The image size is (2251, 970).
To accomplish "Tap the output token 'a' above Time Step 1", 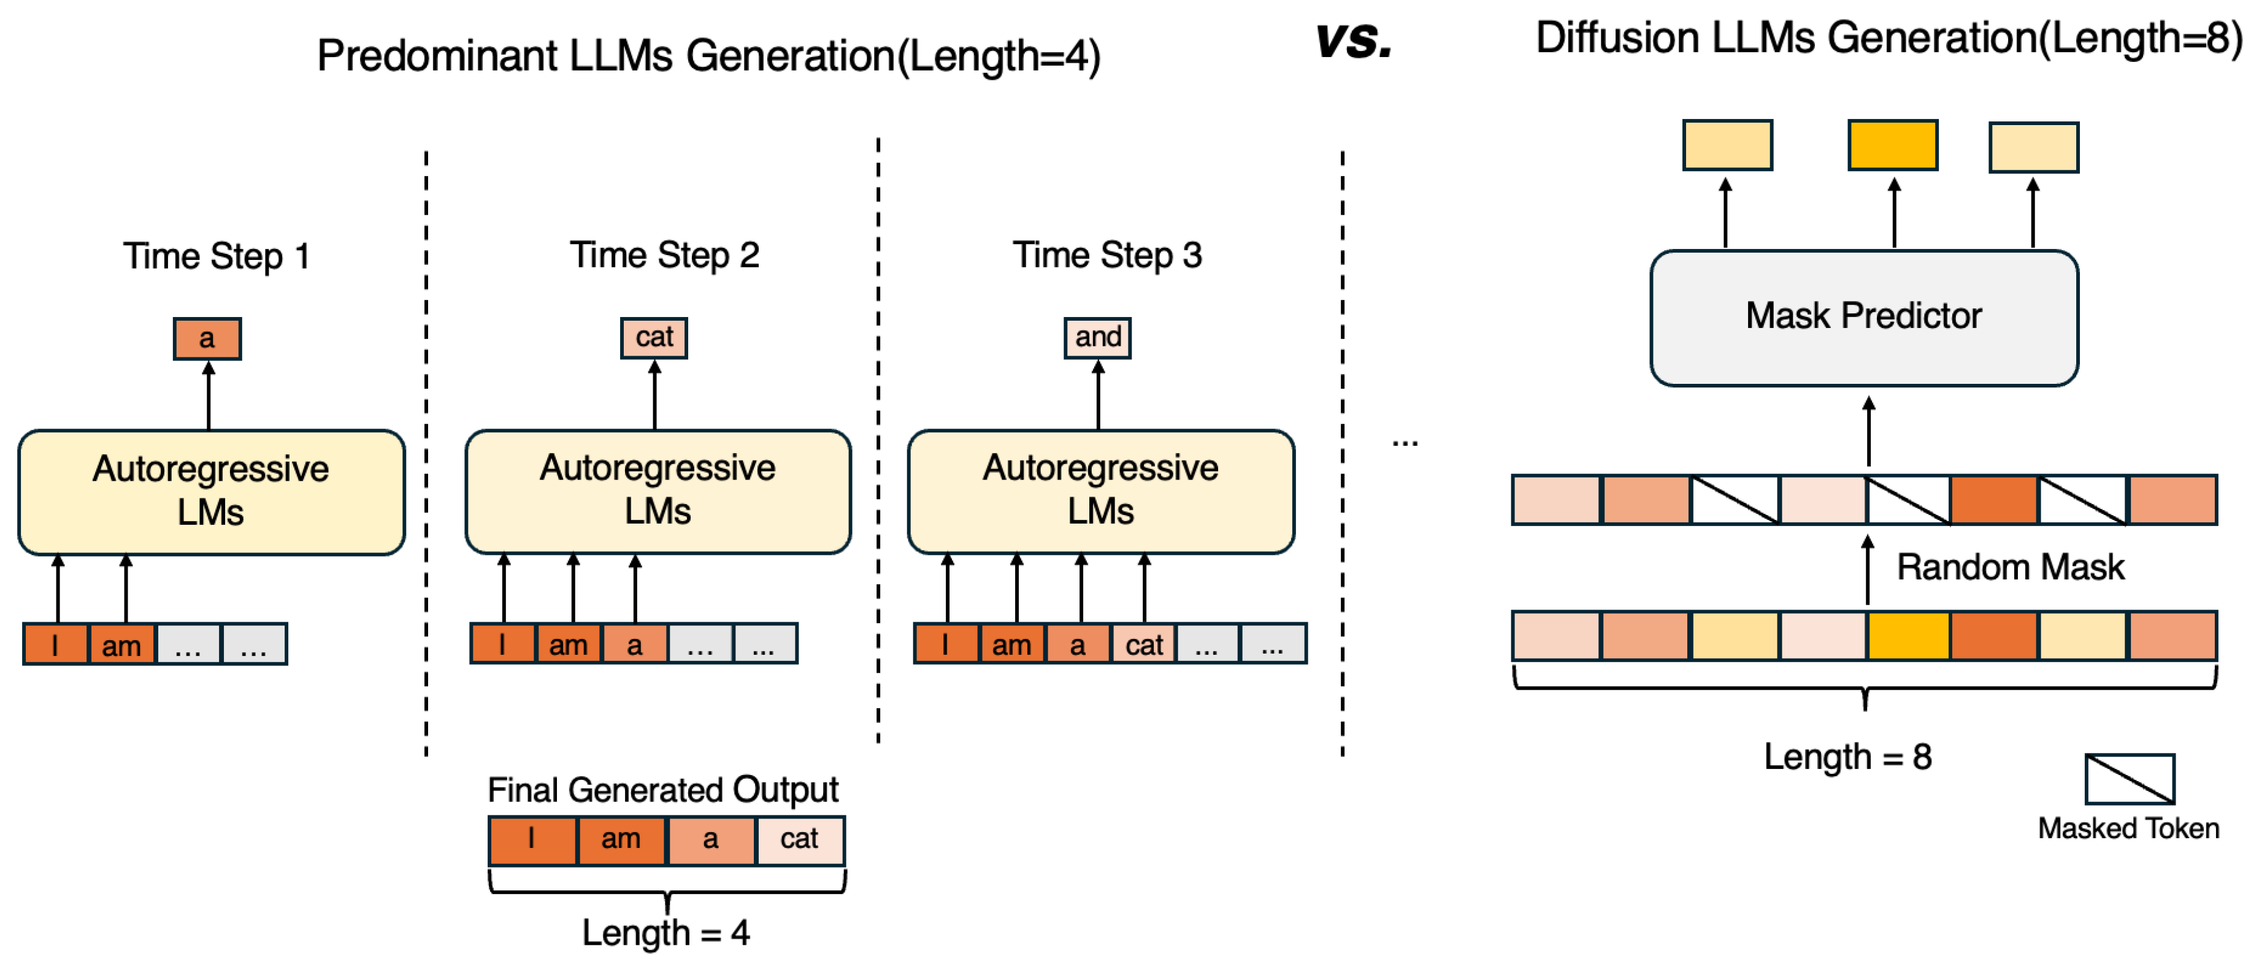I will click(x=207, y=338).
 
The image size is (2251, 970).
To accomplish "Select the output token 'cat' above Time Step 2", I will click(x=654, y=337).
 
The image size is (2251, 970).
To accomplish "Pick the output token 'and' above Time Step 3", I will click(x=1097, y=337).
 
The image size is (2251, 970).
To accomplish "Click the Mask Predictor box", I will click(x=1863, y=317).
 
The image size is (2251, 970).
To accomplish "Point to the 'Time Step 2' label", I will click(x=664, y=255).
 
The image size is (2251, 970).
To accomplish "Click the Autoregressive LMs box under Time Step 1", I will click(x=210, y=491).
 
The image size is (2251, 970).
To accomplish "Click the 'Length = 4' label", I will click(x=666, y=933).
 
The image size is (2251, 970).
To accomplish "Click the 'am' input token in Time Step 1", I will click(x=121, y=645).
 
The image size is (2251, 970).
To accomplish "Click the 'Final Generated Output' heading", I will click(x=662, y=790).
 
